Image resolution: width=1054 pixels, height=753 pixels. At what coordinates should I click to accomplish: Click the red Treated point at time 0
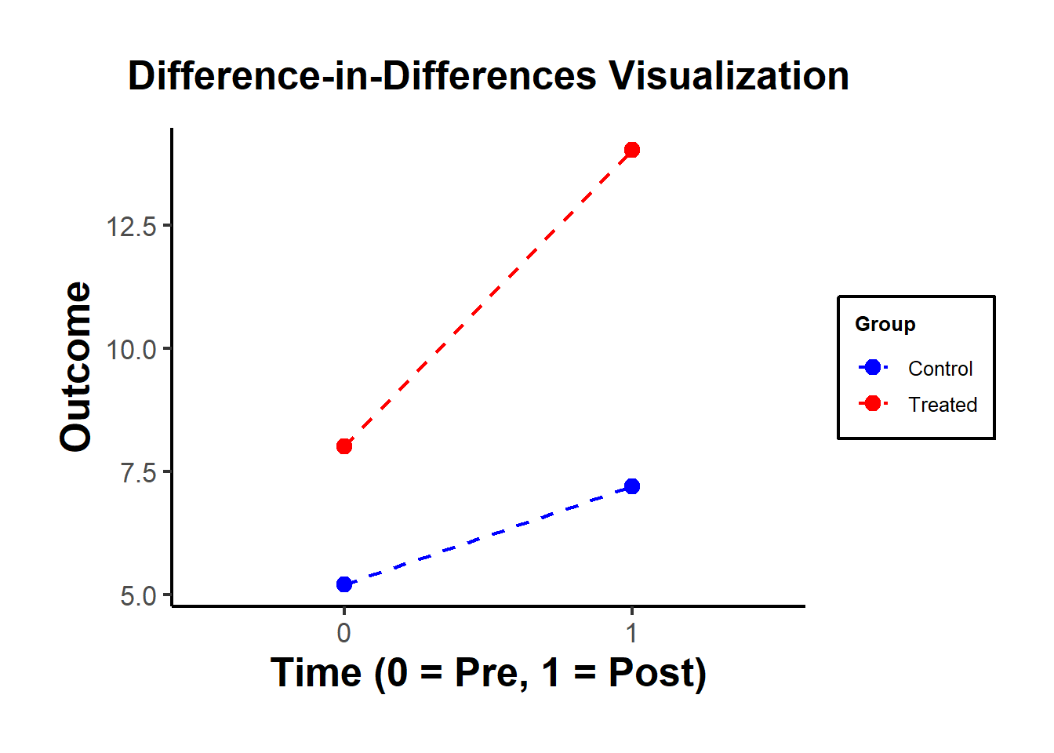343,446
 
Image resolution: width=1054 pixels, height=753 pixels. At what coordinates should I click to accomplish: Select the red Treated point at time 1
632,150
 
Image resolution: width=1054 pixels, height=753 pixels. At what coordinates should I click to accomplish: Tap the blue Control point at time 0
343,584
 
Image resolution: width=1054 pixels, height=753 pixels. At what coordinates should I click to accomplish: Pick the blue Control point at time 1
632,486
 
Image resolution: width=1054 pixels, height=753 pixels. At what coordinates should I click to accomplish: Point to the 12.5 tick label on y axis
132,227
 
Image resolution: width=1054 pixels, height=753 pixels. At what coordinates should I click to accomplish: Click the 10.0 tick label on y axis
132,350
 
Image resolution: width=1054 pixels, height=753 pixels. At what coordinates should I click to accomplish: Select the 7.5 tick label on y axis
138,473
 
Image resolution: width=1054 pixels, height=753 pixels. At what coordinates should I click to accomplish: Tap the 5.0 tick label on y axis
138,596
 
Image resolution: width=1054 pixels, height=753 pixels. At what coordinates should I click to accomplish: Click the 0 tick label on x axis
343,632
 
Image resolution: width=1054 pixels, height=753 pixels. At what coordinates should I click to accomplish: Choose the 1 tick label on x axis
632,632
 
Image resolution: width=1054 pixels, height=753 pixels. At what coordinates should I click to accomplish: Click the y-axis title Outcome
76,366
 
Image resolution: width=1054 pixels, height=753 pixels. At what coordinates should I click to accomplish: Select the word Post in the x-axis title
656,673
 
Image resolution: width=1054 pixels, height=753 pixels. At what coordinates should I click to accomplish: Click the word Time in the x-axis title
316,673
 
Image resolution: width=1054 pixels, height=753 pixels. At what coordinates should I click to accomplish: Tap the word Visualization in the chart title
729,76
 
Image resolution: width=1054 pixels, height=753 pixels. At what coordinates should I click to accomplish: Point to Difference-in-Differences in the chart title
362,76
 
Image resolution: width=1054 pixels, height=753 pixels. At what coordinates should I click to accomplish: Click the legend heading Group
885,324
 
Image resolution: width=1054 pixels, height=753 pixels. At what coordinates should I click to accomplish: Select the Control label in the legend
940,369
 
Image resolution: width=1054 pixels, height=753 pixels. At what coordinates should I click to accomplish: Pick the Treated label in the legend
942,405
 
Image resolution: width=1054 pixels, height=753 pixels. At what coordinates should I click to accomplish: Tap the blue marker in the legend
872,367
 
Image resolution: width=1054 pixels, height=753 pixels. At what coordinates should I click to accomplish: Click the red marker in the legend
872,403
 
